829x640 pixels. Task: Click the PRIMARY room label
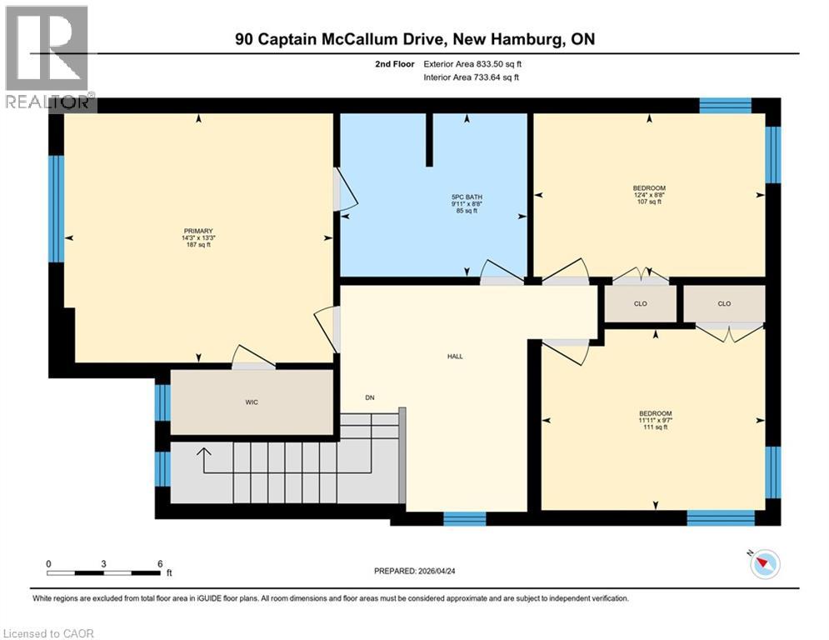[x=198, y=231]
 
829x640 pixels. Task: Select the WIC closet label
[x=252, y=402]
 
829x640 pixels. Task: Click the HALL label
[x=455, y=357]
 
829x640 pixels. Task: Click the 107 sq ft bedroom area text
[x=649, y=202]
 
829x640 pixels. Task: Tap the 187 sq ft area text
[x=198, y=244]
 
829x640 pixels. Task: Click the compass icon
[x=764, y=564]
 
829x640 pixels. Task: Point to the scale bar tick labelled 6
[x=159, y=563]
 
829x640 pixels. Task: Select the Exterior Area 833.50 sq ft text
[x=473, y=64]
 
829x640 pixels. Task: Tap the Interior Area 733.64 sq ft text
[x=472, y=77]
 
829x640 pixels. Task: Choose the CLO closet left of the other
[x=640, y=303]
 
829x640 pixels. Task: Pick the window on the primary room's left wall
[x=56, y=208]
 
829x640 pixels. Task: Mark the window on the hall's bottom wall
[x=464, y=518]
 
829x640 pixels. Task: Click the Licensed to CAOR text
[x=48, y=633]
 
